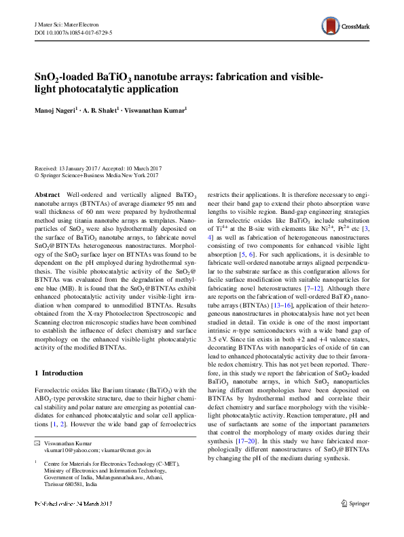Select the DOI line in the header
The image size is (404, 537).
point(73,32)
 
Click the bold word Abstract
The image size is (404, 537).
point(47,193)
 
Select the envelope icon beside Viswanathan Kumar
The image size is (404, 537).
point(37,443)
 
